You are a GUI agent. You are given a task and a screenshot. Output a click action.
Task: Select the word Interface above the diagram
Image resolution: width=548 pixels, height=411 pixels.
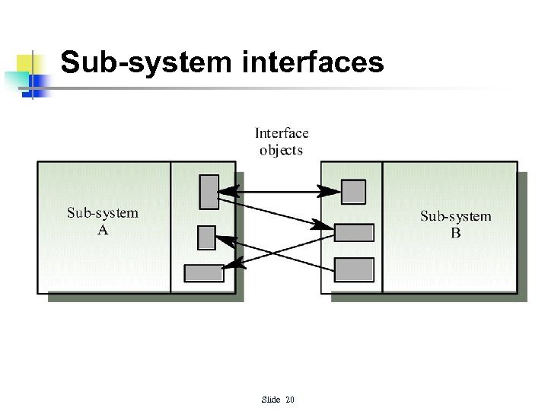[x=282, y=134]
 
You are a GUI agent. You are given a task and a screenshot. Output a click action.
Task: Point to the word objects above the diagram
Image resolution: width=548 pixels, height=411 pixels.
[x=281, y=151]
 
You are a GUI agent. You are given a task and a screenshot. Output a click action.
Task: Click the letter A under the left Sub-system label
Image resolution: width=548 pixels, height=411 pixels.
[x=103, y=230]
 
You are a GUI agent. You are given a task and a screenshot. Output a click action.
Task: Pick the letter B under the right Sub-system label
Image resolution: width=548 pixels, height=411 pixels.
[x=455, y=233]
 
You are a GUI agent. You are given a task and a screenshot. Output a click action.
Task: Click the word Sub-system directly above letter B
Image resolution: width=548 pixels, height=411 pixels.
[x=455, y=216]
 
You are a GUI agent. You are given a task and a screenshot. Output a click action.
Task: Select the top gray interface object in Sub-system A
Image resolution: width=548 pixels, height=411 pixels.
[x=209, y=192]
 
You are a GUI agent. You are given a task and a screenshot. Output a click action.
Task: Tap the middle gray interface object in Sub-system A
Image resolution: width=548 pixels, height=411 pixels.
[x=206, y=237]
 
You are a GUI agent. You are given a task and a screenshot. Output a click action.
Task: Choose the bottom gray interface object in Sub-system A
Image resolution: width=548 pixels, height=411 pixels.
[x=204, y=272]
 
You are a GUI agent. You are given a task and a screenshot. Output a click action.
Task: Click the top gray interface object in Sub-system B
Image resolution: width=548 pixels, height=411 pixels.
[x=353, y=192]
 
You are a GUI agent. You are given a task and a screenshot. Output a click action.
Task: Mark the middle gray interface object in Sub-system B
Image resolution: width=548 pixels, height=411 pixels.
[x=354, y=232]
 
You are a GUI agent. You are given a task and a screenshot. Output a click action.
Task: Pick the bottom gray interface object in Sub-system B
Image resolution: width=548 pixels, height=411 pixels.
[x=354, y=269]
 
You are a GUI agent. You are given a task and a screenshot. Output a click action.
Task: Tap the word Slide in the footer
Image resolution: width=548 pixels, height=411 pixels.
[x=270, y=400]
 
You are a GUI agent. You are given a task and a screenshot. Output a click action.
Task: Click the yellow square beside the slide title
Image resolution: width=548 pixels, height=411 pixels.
[x=28, y=65]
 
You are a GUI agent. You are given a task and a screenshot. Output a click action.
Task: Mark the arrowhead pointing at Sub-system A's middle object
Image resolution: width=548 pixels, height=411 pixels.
[x=227, y=240]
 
